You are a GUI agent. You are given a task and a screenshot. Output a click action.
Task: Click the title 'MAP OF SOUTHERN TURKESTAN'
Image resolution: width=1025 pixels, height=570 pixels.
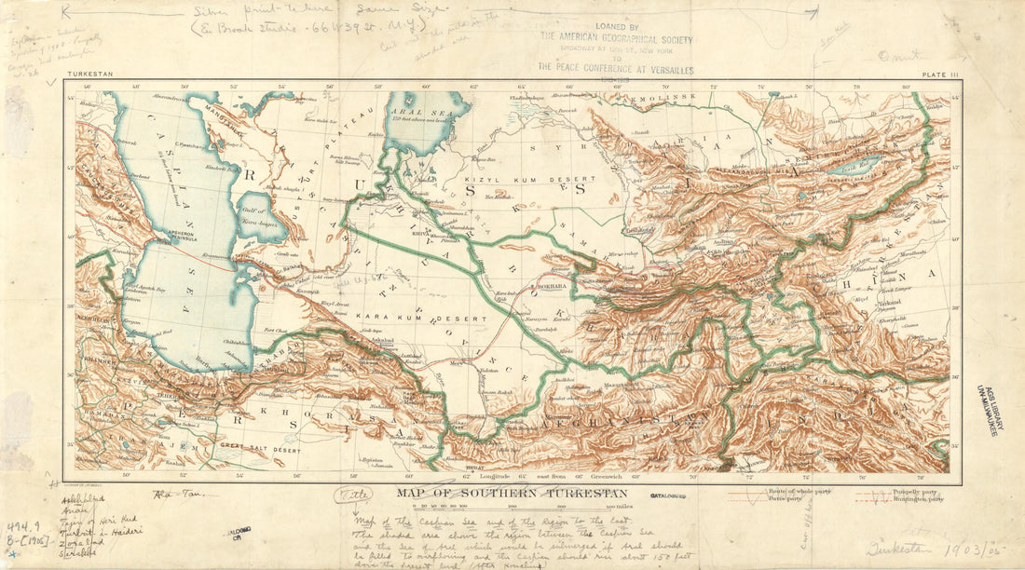pyautogui.click(x=512, y=493)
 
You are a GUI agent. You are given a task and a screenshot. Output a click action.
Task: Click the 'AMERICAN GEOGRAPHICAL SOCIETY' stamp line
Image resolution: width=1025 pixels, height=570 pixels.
pyautogui.click(x=616, y=39)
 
